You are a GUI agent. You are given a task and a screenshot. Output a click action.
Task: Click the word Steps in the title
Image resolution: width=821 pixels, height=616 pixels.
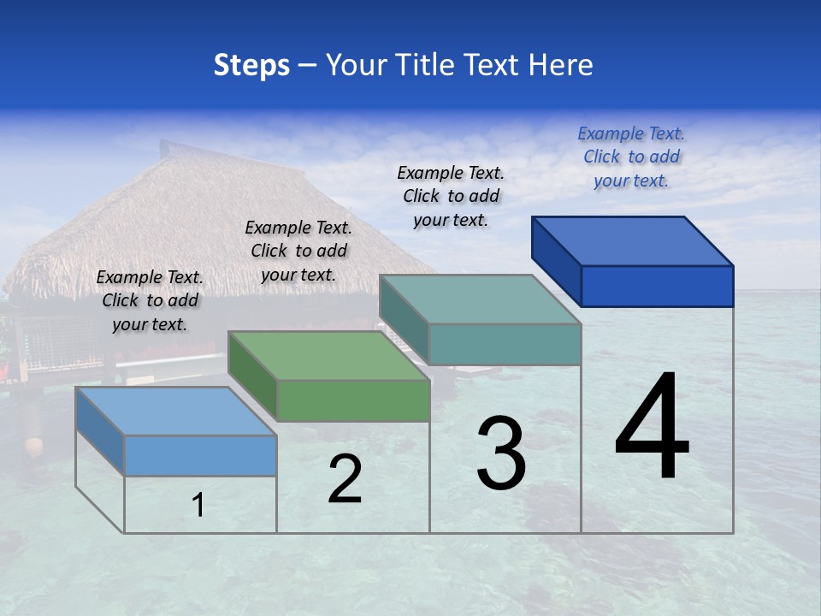[251, 65]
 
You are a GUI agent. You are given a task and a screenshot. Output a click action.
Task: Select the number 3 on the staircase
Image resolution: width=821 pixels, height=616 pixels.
[501, 453]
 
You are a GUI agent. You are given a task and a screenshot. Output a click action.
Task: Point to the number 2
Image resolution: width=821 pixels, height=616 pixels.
[345, 479]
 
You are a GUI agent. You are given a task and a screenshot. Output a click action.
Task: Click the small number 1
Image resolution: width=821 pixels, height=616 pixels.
[198, 506]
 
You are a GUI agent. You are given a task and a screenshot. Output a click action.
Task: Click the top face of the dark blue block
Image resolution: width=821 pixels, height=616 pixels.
[633, 240]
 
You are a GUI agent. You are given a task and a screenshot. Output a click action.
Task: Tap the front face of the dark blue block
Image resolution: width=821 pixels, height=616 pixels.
[657, 286]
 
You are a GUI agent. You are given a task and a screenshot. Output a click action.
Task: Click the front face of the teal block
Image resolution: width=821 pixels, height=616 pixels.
[505, 345]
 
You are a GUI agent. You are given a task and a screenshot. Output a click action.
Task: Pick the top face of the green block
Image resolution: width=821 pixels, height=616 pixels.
[329, 355]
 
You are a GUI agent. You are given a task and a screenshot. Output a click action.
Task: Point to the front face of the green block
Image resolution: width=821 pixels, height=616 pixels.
[353, 400]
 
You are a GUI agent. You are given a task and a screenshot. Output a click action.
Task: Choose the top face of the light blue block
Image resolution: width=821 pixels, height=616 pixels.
[176, 411]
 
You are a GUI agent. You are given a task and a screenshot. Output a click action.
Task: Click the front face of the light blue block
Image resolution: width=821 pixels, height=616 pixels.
[200, 455]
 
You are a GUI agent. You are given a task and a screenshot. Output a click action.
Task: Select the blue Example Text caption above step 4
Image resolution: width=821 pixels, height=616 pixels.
[631, 157]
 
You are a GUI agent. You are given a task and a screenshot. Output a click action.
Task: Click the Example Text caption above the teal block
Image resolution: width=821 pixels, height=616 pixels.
[451, 196]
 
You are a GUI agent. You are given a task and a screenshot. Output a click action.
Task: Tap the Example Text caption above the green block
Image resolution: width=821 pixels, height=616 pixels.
[298, 251]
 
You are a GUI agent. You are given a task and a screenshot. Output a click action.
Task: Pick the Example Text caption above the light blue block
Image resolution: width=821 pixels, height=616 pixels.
[150, 300]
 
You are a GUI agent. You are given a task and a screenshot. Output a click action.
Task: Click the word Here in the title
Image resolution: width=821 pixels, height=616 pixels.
[561, 65]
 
